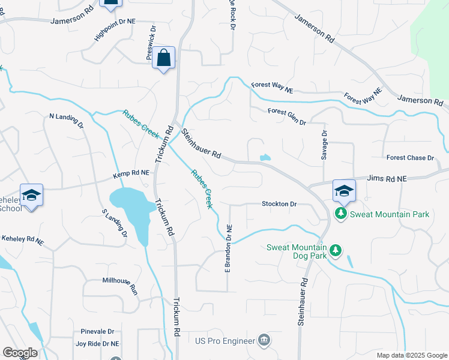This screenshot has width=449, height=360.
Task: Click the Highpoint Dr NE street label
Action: click(115, 29)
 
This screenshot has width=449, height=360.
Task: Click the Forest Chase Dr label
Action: click(410, 158)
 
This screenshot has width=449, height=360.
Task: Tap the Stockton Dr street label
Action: click(279, 204)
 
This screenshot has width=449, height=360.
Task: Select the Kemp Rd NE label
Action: click(131, 175)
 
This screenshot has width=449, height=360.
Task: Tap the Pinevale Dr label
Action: click(97, 331)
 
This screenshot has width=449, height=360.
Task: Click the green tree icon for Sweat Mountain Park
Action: click(341, 214)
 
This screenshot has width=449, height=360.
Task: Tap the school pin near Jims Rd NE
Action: click(344, 191)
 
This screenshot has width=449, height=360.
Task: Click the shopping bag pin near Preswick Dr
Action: click(163, 58)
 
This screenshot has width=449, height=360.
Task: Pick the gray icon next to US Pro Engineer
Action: click(264, 341)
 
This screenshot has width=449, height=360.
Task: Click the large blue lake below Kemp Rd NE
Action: click(129, 207)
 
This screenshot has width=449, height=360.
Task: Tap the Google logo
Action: click(20, 353)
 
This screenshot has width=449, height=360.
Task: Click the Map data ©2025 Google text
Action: click(411, 355)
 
